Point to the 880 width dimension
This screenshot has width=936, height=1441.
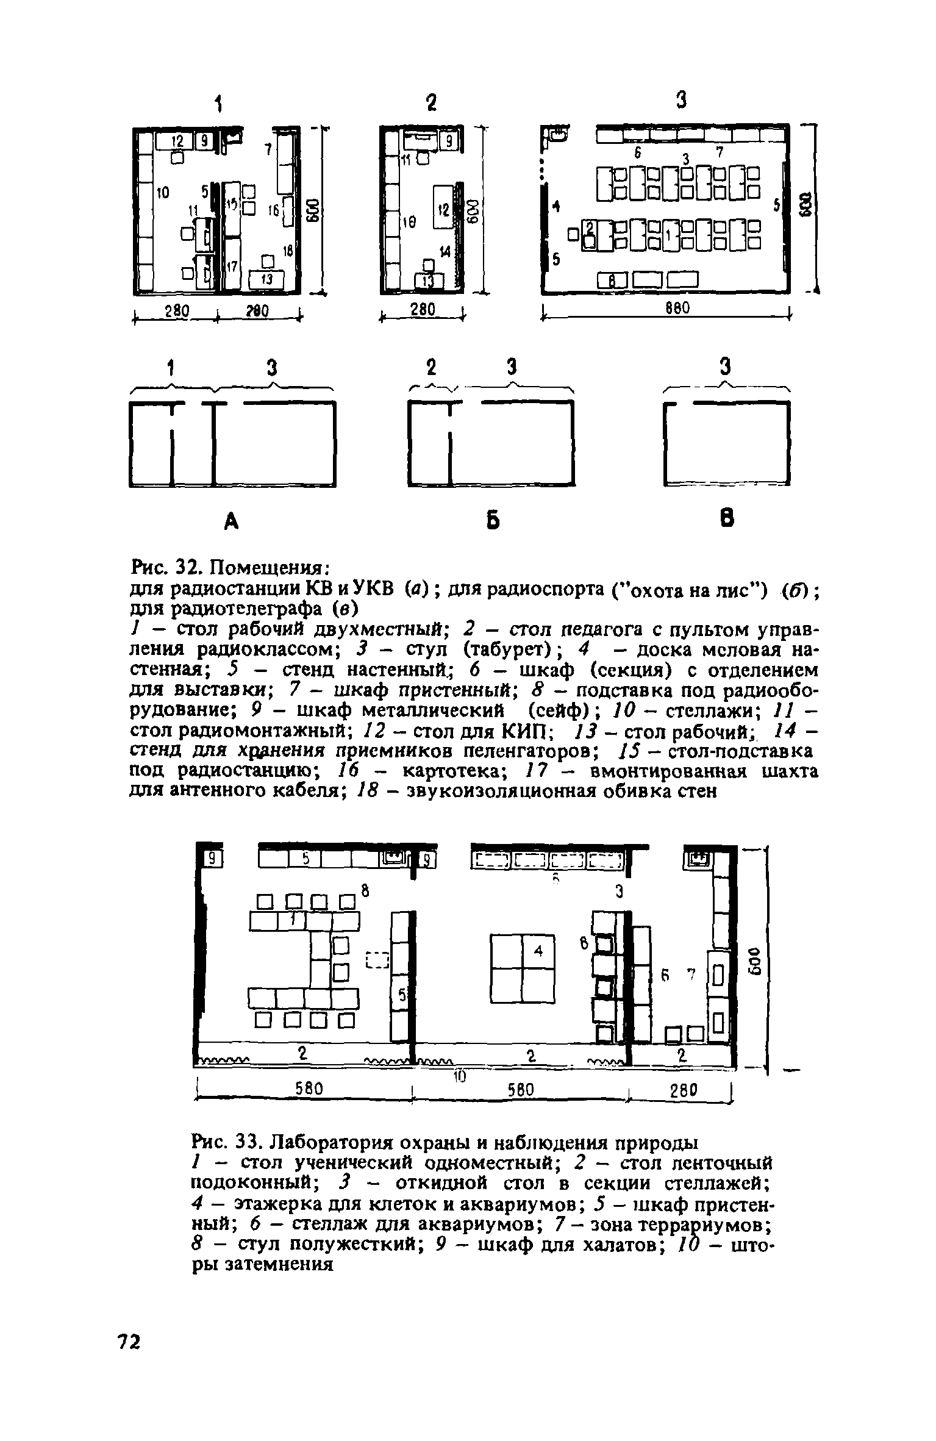point(676,309)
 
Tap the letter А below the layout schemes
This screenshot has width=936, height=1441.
point(230,520)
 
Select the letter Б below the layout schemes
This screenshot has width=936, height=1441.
point(493,521)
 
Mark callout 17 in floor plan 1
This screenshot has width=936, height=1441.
point(232,266)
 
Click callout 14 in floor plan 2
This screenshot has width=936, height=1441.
point(445,251)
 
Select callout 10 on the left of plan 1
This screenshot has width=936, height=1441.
point(162,193)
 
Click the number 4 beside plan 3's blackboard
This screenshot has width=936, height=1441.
point(556,206)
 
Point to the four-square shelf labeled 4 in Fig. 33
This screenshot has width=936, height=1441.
point(523,968)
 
